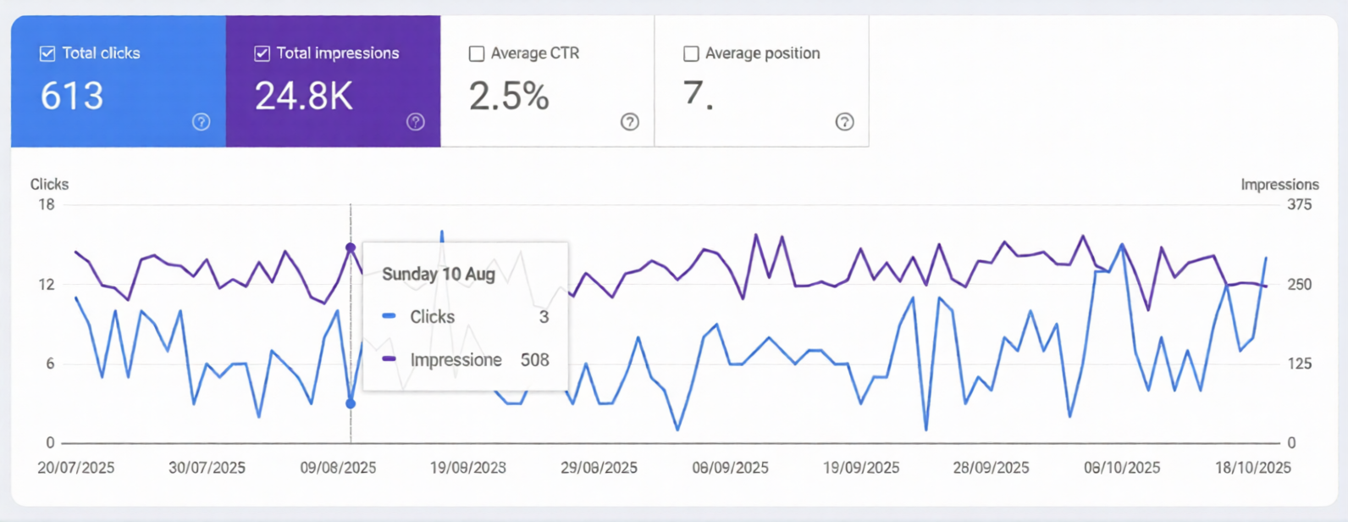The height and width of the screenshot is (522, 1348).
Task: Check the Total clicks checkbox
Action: [47, 53]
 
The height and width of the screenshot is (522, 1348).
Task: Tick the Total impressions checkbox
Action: [262, 53]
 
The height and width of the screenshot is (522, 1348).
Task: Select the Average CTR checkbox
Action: [477, 53]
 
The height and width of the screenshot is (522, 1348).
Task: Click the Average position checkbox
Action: [691, 53]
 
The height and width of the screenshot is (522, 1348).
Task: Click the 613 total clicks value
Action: [72, 96]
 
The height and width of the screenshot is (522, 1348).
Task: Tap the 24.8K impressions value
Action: [304, 96]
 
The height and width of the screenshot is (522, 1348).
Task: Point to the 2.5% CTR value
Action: [509, 96]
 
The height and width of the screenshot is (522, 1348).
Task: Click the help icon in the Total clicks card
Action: [201, 121]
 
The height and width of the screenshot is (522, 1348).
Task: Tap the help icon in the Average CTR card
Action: [630, 121]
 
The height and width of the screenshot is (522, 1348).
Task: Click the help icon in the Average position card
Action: [844, 121]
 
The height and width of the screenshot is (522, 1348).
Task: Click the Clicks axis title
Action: [49, 184]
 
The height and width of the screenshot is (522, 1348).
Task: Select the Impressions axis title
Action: [1279, 184]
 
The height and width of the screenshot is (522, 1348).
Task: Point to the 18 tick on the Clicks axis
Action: [46, 204]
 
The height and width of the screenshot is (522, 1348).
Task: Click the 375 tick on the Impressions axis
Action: [1299, 204]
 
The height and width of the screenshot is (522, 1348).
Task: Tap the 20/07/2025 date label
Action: [75, 468]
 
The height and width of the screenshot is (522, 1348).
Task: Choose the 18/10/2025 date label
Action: [1252, 468]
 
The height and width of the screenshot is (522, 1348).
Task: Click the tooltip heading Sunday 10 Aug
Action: [438, 274]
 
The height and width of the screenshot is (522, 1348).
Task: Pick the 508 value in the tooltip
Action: [534, 360]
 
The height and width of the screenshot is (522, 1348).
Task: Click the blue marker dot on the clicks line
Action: [351, 403]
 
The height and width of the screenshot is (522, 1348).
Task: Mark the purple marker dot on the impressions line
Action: [351, 247]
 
